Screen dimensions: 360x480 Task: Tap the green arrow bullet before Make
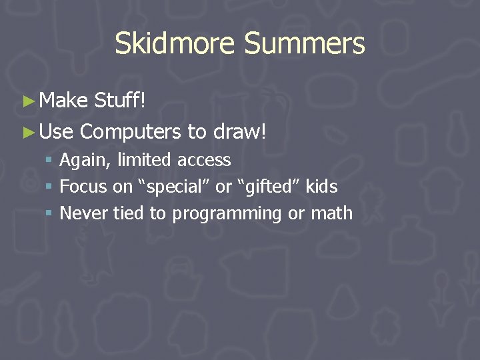(28, 101)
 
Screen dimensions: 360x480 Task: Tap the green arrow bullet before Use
(28, 132)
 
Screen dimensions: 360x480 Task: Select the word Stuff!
(120, 101)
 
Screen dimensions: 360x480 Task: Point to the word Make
(63, 101)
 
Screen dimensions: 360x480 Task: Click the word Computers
(130, 132)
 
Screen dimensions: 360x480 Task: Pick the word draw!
(240, 132)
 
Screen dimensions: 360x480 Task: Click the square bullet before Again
(49, 161)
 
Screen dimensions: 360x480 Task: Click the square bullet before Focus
(49, 187)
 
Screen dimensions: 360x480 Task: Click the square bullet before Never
(49, 214)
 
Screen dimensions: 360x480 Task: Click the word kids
(321, 187)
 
